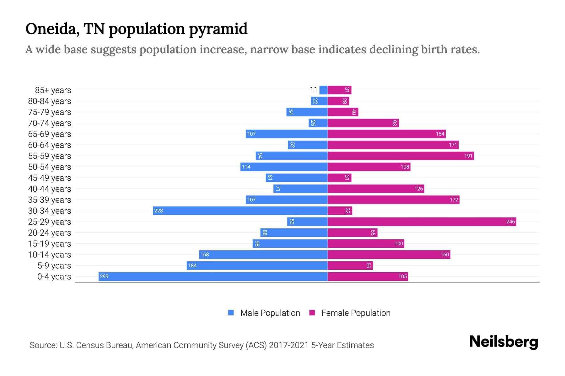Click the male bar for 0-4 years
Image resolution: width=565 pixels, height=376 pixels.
213,276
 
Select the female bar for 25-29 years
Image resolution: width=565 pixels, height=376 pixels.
422,222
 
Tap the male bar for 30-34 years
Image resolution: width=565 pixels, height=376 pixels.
240,211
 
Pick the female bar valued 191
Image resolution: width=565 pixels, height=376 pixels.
401,156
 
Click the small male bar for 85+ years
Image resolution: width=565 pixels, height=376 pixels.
324,90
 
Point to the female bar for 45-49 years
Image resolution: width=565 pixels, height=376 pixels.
340,178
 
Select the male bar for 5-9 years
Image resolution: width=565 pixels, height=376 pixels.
257,265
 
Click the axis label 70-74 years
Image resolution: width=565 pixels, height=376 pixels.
50,123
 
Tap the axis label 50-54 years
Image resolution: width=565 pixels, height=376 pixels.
50,167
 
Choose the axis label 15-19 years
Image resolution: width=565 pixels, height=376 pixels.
50,244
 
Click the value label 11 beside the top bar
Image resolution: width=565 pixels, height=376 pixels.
313,90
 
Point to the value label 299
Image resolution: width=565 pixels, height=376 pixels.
104,276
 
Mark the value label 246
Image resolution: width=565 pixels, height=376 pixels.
510,222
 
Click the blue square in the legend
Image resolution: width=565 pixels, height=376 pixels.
231,313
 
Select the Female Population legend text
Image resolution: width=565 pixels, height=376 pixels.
356,313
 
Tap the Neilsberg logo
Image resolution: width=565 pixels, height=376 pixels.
503,342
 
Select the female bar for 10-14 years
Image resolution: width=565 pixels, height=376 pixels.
389,254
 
